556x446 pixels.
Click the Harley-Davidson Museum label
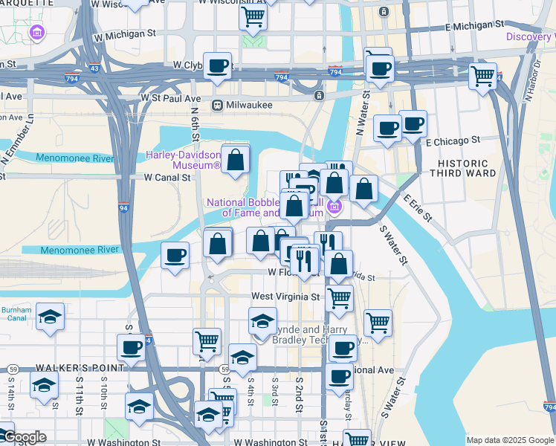183,160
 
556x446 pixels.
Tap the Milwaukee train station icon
218,105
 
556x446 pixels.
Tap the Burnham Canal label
16,314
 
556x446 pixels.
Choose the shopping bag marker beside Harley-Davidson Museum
236,160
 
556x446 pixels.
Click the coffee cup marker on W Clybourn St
217,65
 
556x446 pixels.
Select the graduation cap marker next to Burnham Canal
50,316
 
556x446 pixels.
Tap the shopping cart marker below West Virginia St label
339,298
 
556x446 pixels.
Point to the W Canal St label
168,178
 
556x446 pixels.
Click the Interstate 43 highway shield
94,68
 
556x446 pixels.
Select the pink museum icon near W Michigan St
36,33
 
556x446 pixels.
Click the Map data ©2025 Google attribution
510,440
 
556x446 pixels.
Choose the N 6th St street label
195,127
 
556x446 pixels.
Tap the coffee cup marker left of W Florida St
175,256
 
